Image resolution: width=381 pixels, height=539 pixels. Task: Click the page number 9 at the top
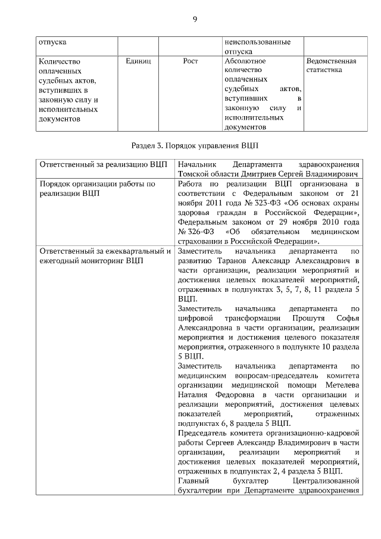click(195, 20)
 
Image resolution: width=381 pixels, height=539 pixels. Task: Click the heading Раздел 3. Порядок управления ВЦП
click(195, 145)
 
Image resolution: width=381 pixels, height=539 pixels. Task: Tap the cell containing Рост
click(190, 61)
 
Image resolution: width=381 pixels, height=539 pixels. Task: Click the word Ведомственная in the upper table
click(331, 61)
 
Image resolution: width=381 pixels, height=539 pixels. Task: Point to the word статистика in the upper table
click(324, 70)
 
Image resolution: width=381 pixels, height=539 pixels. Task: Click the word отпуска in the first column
click(52, 43)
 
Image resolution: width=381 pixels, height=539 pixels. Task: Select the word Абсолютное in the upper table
click(245, 61)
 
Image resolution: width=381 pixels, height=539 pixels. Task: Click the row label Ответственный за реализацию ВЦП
click(102, 164)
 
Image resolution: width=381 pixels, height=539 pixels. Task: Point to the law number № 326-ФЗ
click(192, 232)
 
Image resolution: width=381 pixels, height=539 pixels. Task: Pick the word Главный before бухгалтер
click(192, 481)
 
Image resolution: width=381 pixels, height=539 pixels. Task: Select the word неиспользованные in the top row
click(257, 43)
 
